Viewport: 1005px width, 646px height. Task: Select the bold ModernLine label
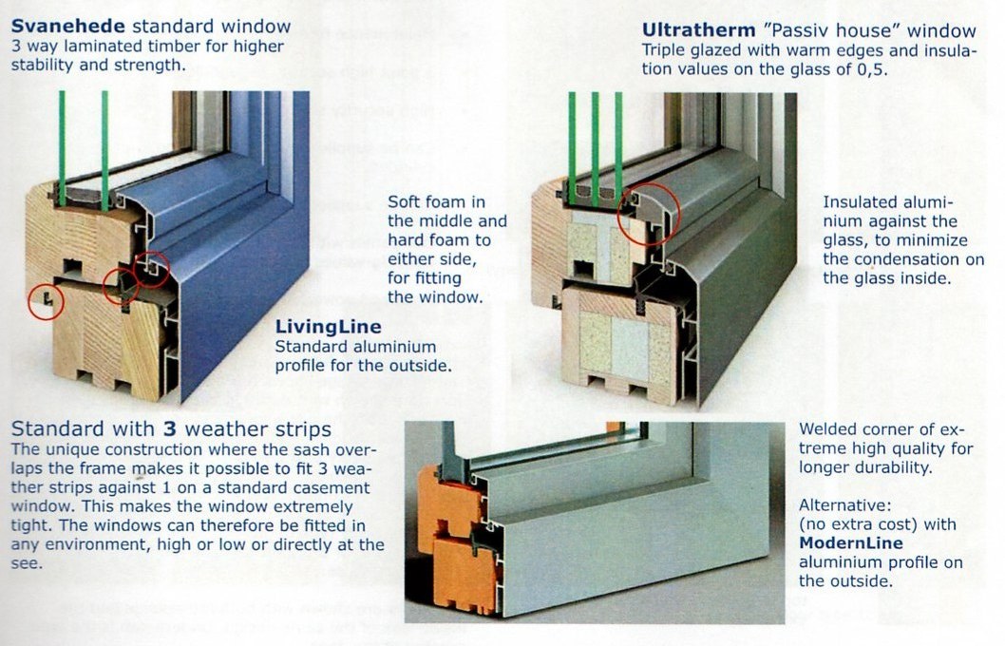point(850,543)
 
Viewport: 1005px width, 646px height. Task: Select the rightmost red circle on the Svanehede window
point(152,270)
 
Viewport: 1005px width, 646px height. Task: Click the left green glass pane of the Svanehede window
point(62,142)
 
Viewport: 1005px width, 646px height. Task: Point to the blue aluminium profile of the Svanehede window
point(256,247)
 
